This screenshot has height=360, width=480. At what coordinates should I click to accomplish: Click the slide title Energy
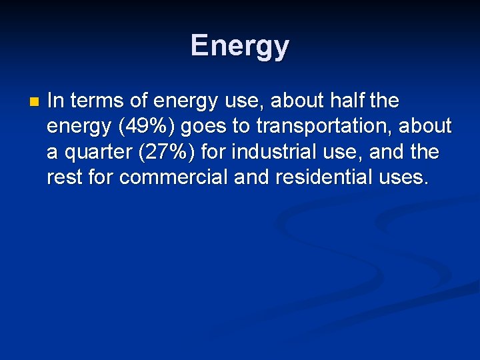pyautogui.click(x=240, y=46)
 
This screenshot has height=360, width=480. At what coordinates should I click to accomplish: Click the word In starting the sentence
pyautogui.click(x=55, y=101)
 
